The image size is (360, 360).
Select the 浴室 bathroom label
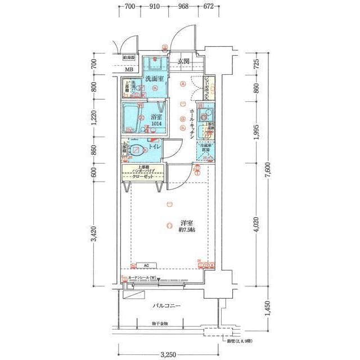pyautogui.click(x=156, y=117)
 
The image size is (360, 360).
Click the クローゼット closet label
pyautogui.click(x=143, y=177)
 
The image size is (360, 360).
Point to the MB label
pyautogui.click(x=129, y=71)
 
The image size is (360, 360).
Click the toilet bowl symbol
pyautogui.click(x=136, y=151)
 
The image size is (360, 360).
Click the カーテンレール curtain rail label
pyautogui.click(x=143, y=278)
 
